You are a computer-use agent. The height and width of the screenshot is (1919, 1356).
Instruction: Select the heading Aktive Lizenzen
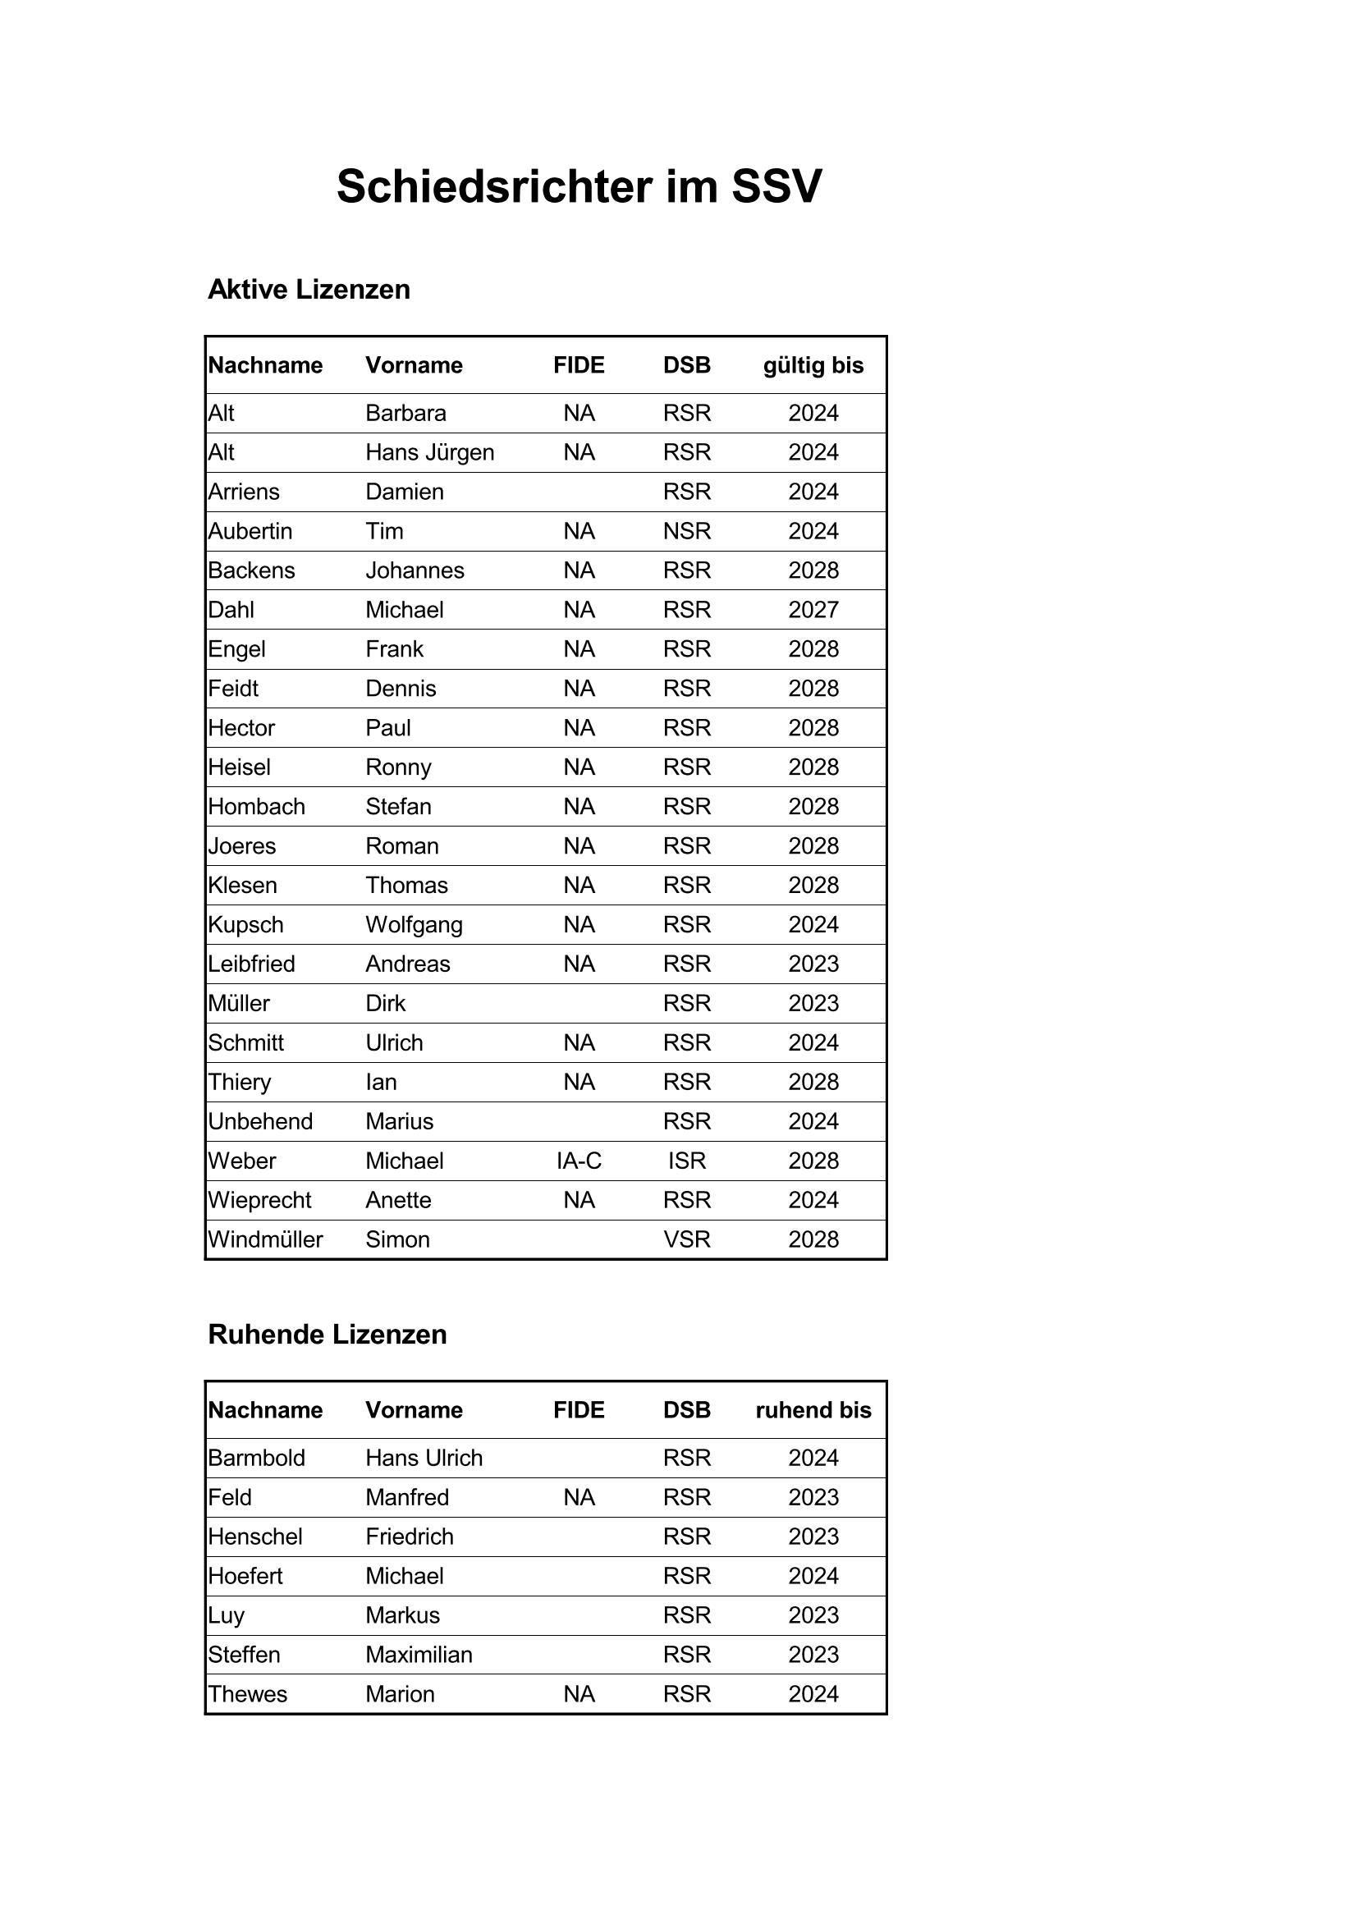tap(309, 289)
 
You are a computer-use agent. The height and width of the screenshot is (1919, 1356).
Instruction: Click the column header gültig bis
tap(813, 365)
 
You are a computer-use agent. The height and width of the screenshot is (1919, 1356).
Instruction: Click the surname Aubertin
tap(250, 531)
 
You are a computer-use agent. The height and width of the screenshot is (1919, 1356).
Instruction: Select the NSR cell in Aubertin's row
tap(686, 531)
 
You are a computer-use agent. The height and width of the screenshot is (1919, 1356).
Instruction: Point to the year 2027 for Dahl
tap(813, 609)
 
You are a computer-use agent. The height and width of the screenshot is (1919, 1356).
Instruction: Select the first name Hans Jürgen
tap(430, 452)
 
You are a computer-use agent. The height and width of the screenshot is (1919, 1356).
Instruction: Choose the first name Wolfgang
tap(414, 924)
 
